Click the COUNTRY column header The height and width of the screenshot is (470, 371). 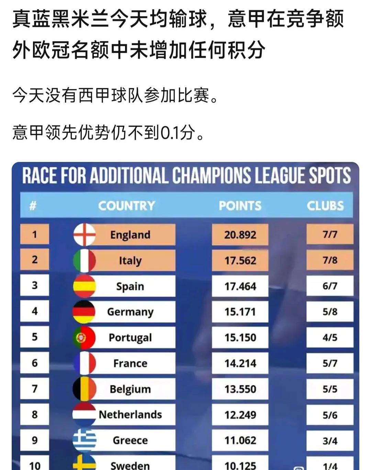(x=126, y=206)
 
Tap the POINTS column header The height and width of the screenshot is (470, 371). (x=240, y=206)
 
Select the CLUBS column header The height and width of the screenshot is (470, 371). (x=325, y=206)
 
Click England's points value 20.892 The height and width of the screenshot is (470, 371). (x=240, y=235)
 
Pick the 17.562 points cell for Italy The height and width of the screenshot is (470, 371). (x=240, y=260)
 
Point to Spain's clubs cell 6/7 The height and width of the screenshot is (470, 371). (x=330, y=286)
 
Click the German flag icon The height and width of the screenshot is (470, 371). (x=84, y=312)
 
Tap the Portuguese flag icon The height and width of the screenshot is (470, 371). (x=84, y=337)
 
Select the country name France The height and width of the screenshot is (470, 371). (x=130, y=363)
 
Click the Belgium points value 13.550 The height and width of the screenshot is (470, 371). (x=240, y=389)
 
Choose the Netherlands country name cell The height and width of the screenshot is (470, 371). (x=130, y=415)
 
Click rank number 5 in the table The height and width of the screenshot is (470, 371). (x=35, y=337)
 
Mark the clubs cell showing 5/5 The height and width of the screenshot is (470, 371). (x=330, y=389)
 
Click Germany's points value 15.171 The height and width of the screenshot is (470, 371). (x=240, y=312)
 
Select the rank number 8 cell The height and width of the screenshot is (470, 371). (x=35, y=414)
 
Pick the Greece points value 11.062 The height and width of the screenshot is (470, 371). (x=240, y=440)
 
